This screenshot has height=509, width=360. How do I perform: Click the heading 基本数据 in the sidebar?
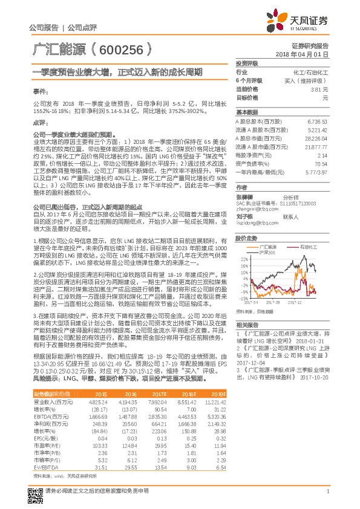[246, 112]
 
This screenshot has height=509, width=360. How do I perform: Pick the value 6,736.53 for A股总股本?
[316, 122]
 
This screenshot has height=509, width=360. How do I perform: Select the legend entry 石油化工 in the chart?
[294, 247]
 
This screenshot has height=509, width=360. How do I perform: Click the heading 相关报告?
[246, 325]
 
